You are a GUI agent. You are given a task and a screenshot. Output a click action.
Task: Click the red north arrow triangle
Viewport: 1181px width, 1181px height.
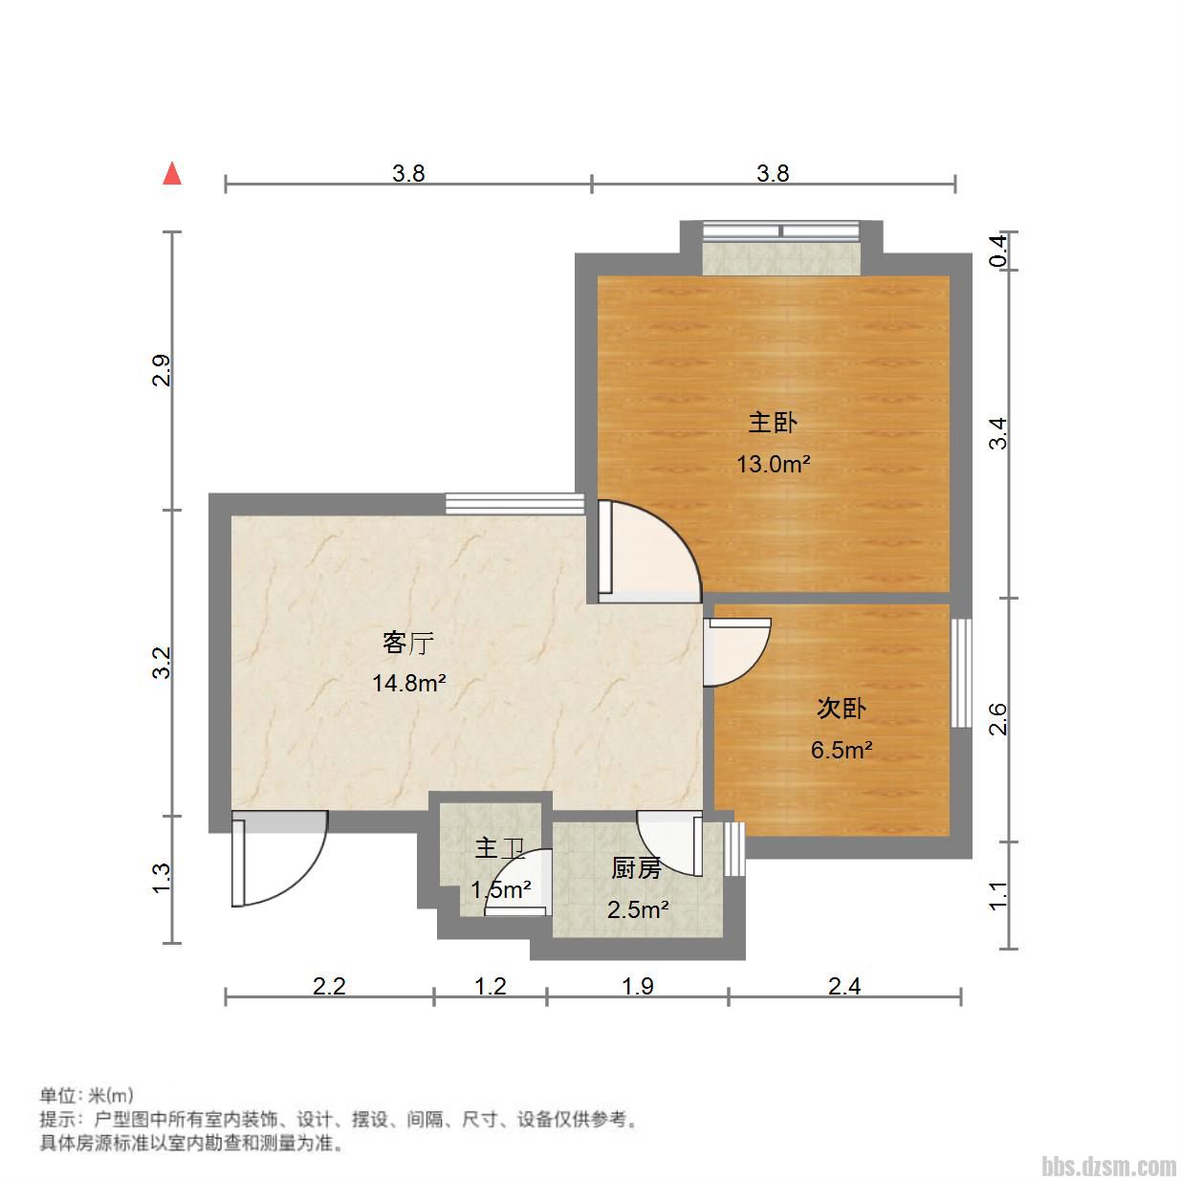(172, 173)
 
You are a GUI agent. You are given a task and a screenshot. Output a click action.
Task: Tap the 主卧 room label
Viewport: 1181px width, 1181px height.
(773, 423)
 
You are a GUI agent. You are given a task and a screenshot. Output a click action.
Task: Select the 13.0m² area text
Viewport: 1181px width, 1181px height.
(773, 464)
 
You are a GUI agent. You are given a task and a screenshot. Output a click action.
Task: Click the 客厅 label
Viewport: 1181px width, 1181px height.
(408, 643)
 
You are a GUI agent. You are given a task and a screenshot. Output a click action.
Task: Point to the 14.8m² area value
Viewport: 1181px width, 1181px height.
(408, 683)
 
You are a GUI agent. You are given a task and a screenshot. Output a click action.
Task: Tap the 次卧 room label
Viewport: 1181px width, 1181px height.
(842, 709)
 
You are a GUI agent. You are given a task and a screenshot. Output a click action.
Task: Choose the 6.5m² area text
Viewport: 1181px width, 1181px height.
(842, 750)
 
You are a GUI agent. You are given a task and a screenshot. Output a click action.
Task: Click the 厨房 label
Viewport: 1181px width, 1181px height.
(637, 868)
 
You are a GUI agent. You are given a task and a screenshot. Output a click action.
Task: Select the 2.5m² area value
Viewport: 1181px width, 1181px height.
(638, 909)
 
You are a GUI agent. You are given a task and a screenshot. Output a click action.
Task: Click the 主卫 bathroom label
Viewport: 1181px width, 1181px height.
(500, 848)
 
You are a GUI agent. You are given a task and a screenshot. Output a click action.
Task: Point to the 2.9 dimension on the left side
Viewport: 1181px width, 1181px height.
(162, 370)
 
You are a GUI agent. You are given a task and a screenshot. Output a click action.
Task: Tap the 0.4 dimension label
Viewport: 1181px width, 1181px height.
(998, 252)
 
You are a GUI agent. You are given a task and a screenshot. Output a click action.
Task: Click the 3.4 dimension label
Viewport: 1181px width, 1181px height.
(998, 433)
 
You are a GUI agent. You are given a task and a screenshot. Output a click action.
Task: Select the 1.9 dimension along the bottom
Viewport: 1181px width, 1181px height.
(638, 986)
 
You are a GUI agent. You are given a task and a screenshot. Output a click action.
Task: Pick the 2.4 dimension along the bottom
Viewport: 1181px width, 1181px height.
(844, 986)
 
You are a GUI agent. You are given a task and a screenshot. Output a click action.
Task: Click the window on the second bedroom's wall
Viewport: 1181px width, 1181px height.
(961, 673)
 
